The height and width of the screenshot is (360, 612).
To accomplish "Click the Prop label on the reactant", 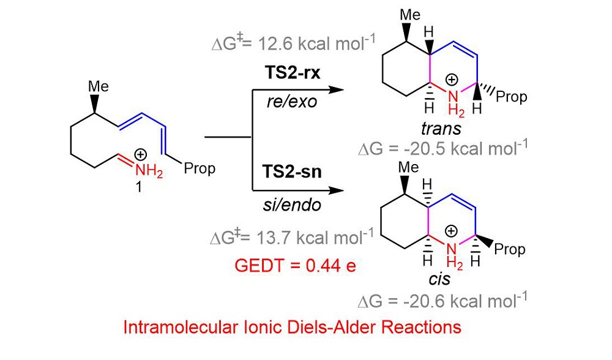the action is [x=200, y=169].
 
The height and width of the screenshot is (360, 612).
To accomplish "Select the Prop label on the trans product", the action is [x=513, y=97].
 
